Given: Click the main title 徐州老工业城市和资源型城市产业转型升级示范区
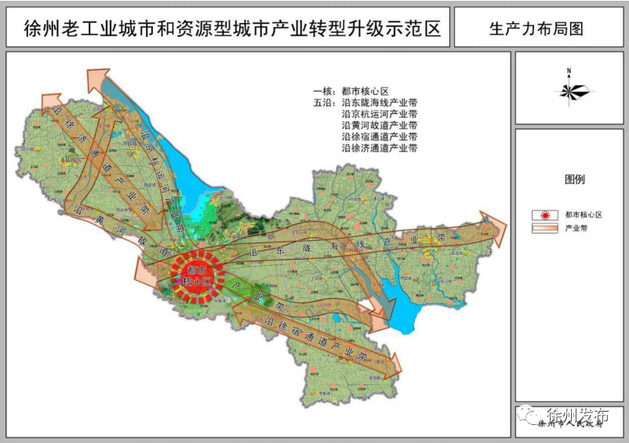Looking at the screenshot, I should click(x=227, y=30).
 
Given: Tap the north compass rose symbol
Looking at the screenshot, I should click(x=569, y=89).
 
